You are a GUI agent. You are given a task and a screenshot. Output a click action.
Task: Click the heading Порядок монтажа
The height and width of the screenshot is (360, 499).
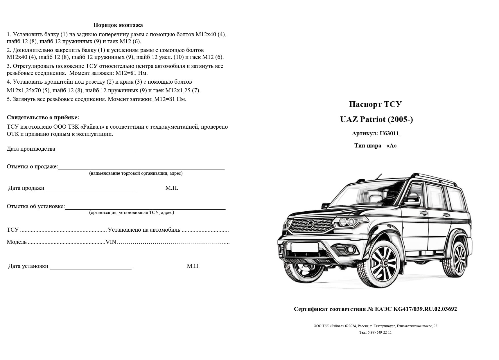click(x=118, y=25)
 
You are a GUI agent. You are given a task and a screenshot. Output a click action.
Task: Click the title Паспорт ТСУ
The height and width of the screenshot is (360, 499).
click(x=375, y=104)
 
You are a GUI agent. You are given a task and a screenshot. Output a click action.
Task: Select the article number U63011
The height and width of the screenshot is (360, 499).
click(x=389, y=134)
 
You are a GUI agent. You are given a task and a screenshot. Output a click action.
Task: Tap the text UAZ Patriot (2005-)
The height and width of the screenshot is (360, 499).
click(x=376, y=119)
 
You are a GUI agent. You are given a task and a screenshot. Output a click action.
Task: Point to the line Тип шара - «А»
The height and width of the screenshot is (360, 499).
click(x=375, y=146)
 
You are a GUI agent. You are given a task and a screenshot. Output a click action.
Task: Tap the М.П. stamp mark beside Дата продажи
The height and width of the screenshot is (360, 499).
click(x=172, y=188)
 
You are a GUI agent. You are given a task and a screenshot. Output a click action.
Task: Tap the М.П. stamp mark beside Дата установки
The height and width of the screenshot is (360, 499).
click(x=193, y=266)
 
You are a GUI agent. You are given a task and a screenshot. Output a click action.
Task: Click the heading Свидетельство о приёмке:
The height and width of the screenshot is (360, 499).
click(x=43, y=118)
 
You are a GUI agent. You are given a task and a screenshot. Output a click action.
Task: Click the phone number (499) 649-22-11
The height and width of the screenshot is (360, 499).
click(x=380, y=332)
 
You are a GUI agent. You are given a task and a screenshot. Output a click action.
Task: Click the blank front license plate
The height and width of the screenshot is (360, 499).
click(x=304, y=247)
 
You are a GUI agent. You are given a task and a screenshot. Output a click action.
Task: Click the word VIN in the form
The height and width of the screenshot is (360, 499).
click(x=111, y=242)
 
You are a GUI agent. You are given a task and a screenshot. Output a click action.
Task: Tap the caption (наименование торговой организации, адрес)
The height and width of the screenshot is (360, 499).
click(x=136, y=173)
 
